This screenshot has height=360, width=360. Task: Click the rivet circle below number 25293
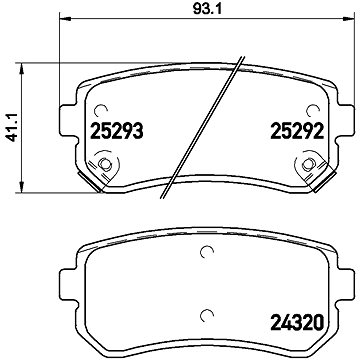pyautogui.click(x=104, y=165)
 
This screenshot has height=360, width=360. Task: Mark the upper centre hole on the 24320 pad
pyautogui.click(x=207, y=251)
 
